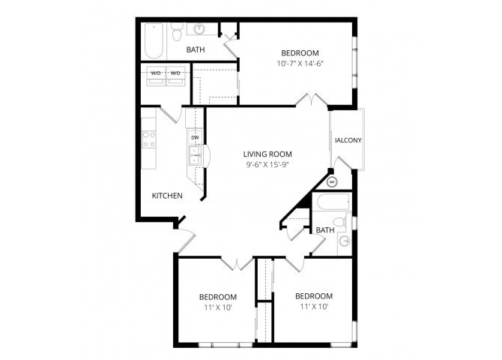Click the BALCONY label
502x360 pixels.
click(x=348, y=140)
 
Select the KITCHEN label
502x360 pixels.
click(x=167, y=196)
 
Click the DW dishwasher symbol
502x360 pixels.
click(x=195, y=138)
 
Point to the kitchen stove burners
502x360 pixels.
click(x=149, y=139)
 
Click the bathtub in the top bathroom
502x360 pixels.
click(x=154, y=40)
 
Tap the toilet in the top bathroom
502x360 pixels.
click(x=177, y=32)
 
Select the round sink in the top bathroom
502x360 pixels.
click(x=200, y=30)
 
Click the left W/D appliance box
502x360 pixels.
click(x=156, y=73)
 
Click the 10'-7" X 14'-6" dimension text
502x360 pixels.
click(x=300, y=64)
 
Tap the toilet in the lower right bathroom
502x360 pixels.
click(x=339, y=222)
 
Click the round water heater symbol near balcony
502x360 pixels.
click(x=333, y=181)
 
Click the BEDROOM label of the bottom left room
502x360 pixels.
click(x=218, y=296)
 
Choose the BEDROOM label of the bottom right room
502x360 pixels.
click(x=313, y=295)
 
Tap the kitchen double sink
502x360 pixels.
click(x=194, y=155)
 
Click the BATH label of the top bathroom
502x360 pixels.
click(x=196, y=50)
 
